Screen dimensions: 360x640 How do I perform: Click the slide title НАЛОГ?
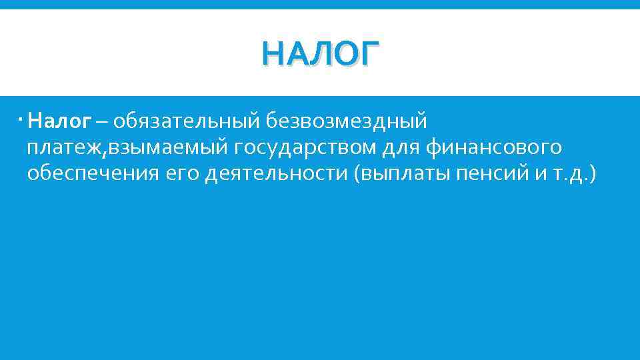coord(320,53)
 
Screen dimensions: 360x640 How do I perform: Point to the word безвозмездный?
coord(346,122)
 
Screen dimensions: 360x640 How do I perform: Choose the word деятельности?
coord(277,173)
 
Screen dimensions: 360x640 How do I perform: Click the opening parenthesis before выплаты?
coord(358,174)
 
